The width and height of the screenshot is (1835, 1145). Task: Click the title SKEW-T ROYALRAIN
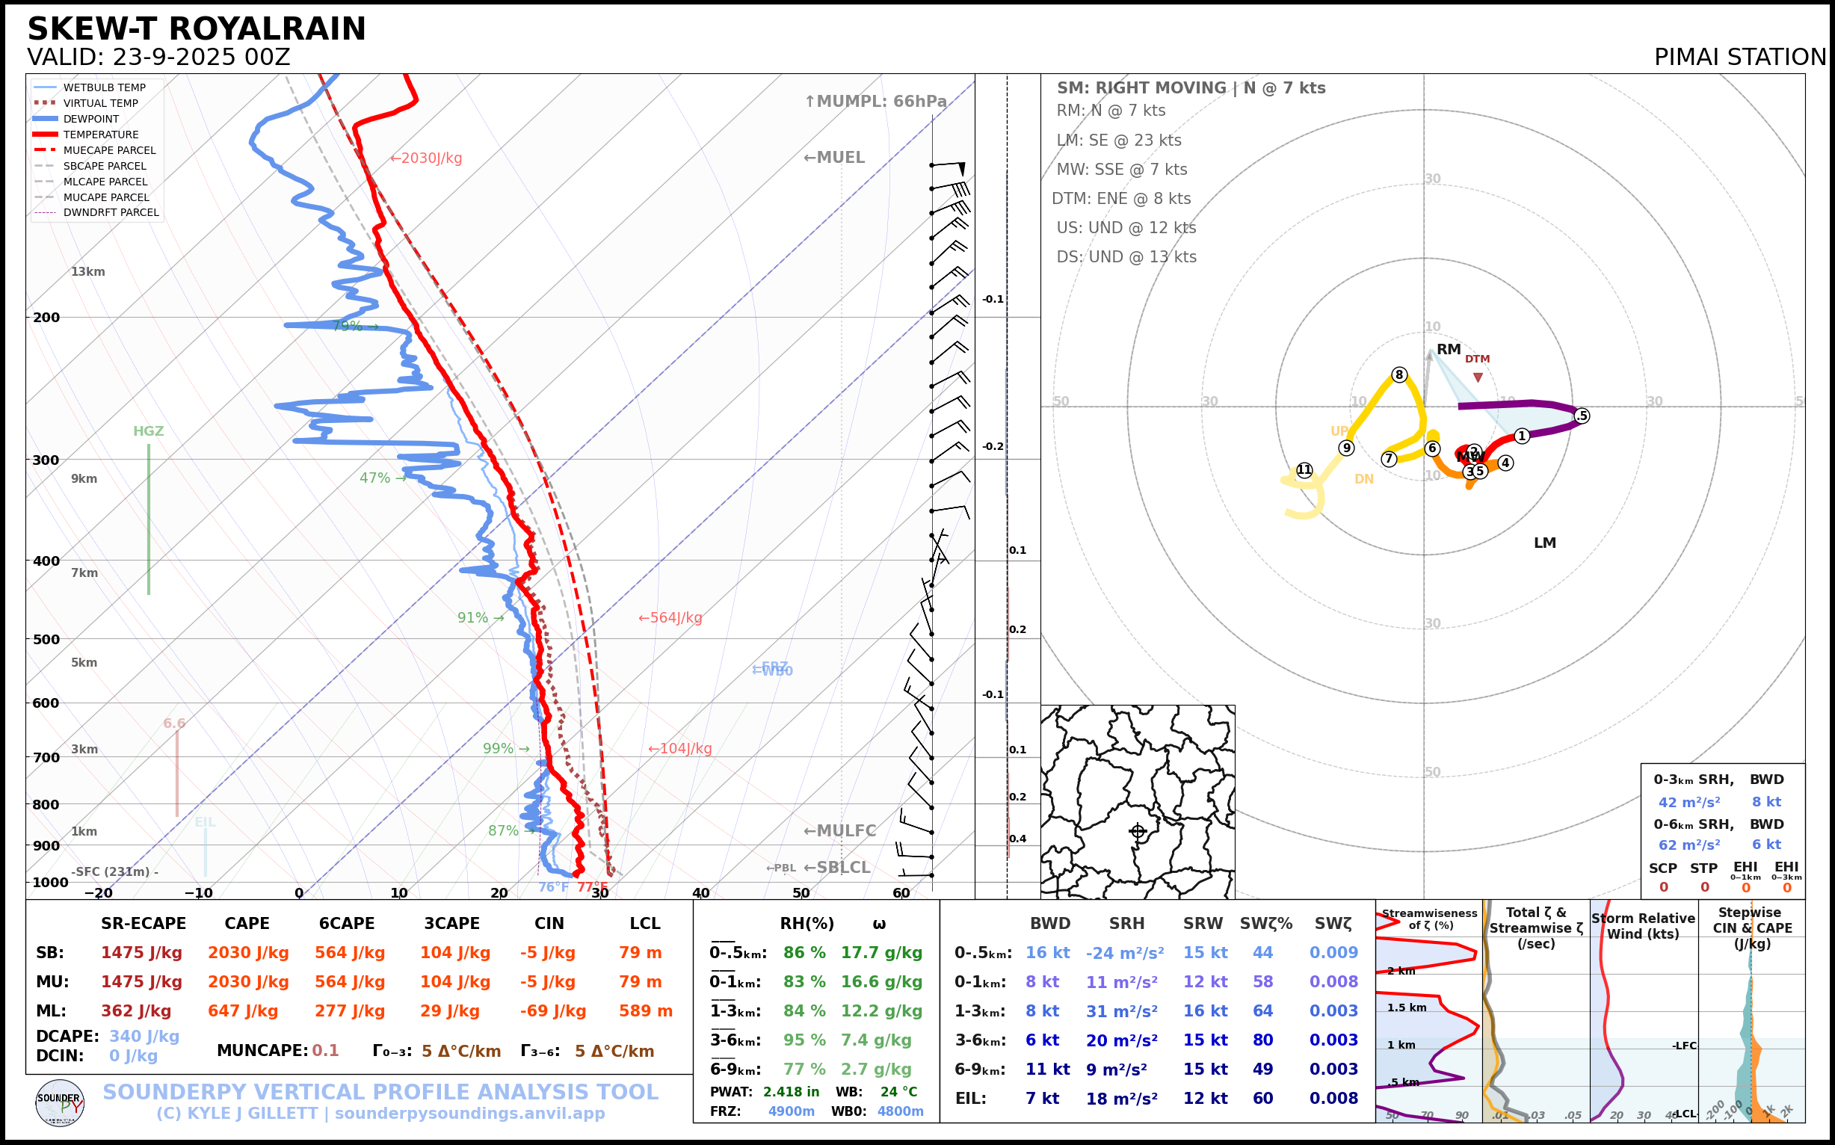click(196, 30)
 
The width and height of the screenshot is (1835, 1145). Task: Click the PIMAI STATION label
click(1739, 58)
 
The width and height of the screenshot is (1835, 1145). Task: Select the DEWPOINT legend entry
click(91, 119)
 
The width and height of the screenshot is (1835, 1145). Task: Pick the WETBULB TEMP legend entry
click(104, 88)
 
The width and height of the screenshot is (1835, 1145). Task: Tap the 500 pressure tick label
click(46, 639)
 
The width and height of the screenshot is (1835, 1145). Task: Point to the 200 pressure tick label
click(46, 318)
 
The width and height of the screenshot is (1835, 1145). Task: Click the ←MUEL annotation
click(834, 158)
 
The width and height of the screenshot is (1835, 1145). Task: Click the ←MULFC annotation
click(839, 831)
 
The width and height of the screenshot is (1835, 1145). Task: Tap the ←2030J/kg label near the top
click(425, 158)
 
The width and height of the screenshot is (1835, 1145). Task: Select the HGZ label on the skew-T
click(149, 431)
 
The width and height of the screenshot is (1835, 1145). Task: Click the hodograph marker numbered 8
click(1398, 375)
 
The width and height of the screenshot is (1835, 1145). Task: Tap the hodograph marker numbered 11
click(1304, 469)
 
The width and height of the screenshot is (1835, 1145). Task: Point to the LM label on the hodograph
click(1544, 543)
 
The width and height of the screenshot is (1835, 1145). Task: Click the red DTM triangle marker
click(1478, 377)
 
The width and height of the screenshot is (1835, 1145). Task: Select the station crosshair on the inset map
click(1138, 832)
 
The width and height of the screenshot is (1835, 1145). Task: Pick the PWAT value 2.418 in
click(791, 1092)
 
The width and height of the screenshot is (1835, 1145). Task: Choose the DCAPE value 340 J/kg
click(144, 1036)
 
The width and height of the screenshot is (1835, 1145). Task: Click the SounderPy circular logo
click(60, 1102)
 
